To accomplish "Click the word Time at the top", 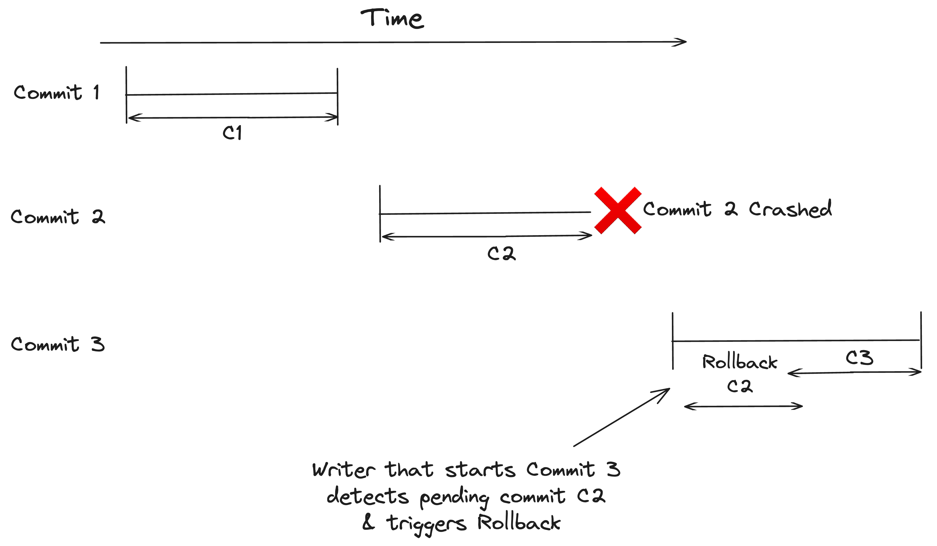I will tap(392, 18).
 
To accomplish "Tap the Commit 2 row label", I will tap(58, 216).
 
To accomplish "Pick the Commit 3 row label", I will tap(58, 344).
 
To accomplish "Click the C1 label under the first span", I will tap(232, 133).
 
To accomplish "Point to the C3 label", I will tap(859, 358).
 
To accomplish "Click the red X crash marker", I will tap(618, 211).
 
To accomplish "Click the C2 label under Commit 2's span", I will tap(502, 254).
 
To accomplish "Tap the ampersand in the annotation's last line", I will tap(368, 522).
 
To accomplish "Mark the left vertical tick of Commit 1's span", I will tap(126, 95).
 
